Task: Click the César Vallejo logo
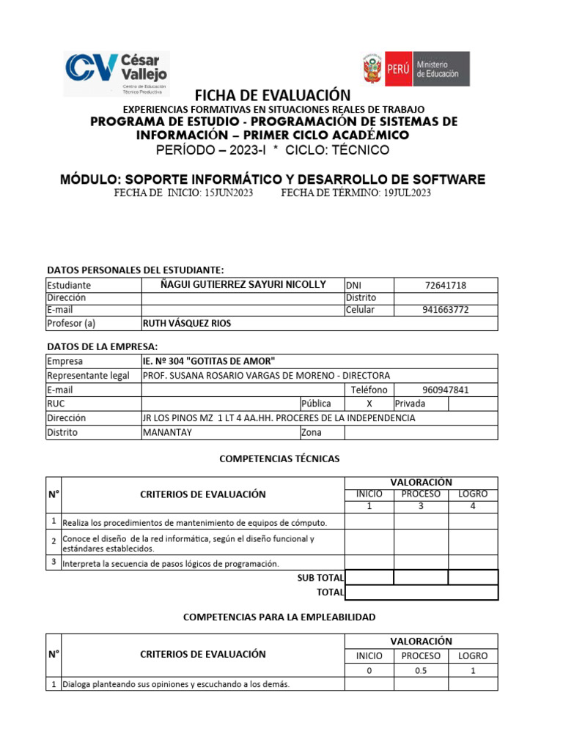(117, 73)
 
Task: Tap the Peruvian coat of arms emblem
(372, 70)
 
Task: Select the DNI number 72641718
(445, 285)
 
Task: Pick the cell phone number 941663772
(445, 310)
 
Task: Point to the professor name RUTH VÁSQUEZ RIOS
(188, 323)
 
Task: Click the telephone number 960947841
(445, 390)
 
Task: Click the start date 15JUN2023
(228, 193)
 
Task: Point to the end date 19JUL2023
(407, 193)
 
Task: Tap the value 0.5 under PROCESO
(421, 671)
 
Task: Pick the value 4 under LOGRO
(473, 506)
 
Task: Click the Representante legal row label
(88, 376)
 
